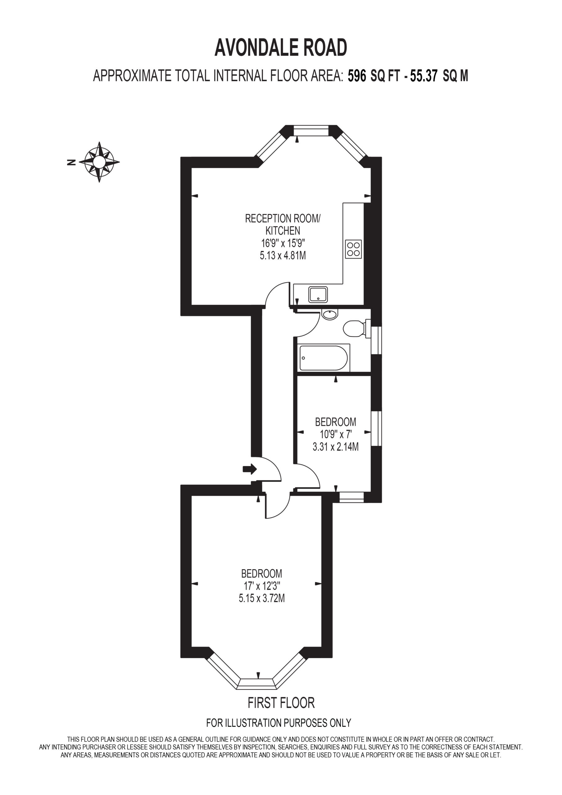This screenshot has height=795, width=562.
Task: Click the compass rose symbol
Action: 99,162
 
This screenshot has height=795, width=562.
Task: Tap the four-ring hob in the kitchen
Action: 353,249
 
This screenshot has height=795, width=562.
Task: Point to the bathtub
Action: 324,358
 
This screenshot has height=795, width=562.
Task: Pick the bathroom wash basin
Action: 330,314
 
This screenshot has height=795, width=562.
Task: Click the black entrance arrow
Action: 250,469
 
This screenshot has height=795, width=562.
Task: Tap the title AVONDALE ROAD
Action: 281,48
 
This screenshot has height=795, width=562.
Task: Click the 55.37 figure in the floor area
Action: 424,75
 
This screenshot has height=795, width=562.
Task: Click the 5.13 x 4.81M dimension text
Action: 283,256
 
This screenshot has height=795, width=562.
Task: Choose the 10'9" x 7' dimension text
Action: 336,434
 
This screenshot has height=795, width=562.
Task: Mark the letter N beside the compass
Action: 71,162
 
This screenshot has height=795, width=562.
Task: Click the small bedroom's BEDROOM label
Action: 336,422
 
